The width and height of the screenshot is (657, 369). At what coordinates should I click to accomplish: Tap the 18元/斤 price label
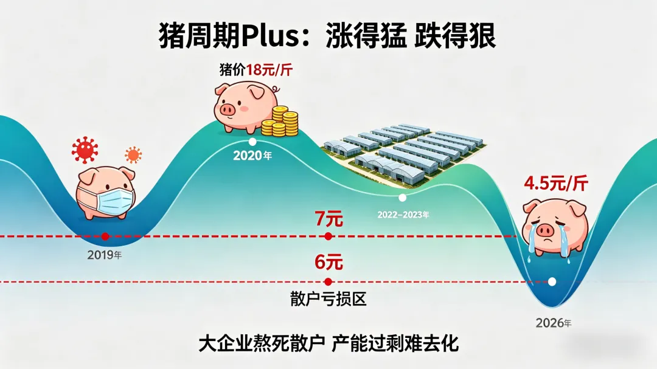click(x=269, y=70)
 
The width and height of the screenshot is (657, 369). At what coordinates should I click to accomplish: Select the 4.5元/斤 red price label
click(x=556, y=183)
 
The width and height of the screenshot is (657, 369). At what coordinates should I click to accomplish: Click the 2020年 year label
click(x=252, y=156)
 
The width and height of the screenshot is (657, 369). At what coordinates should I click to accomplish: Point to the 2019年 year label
click(x=105, y=255)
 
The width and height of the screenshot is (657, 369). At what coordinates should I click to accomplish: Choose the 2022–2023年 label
click(x=403, y=215)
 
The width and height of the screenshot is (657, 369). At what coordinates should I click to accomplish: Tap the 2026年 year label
click(x=553, y=323)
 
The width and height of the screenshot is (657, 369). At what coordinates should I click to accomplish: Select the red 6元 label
click(x=328, y=263)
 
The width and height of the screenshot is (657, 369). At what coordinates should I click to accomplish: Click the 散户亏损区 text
click(x=328, y=299)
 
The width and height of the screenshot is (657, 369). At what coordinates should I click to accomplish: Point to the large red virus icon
click(x=85, y=150)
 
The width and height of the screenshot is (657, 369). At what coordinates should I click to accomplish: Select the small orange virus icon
click(x=133, y=154)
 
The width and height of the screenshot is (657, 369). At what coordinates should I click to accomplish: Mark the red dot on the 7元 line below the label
click(x=328, y=236)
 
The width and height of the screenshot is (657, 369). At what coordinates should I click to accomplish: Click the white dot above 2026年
click(x=552, y=281)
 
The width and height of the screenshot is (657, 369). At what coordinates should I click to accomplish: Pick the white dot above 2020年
click(x=252, y=141)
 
